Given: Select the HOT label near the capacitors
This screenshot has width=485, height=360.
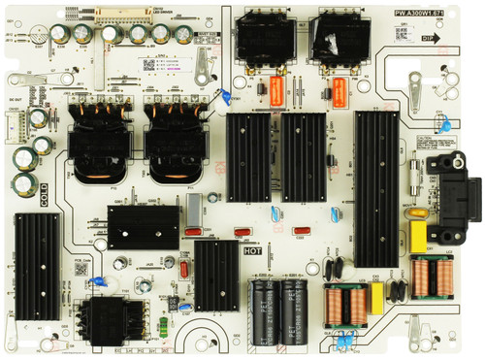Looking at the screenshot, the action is click(253, 251).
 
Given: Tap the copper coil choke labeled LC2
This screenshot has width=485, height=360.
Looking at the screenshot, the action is click(427, 278).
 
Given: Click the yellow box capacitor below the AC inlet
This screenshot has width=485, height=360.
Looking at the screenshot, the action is click(420, 236).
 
